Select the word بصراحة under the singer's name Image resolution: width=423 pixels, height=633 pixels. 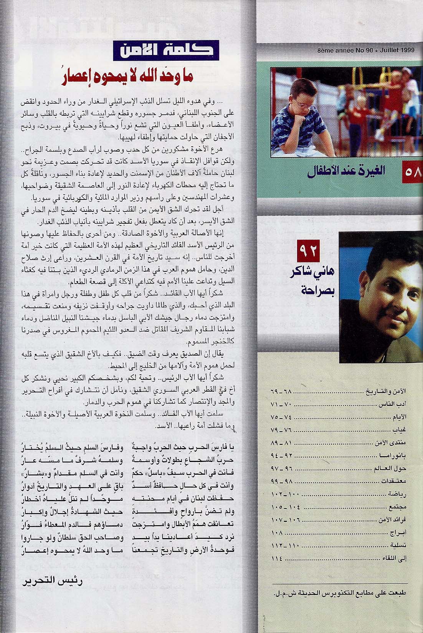tap(309, 291)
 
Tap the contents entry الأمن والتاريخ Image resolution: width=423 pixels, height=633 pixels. tap(385, 392)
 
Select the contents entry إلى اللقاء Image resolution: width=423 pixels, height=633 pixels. tap(394, 558)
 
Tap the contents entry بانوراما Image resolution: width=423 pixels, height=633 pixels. tap(393, 456)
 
